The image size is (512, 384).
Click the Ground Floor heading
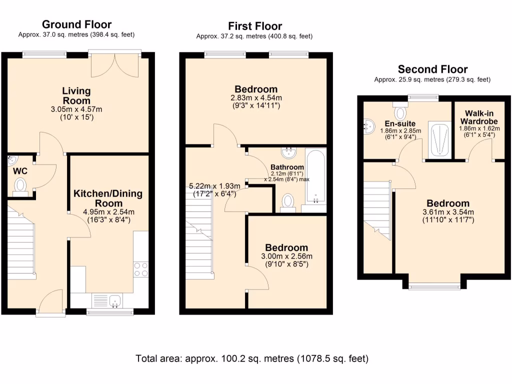tap(76, 24)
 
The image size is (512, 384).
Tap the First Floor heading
tap(255, 26)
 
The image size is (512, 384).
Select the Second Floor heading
tap(432, 69)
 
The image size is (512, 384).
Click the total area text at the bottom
tap(252, 359)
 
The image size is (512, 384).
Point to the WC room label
tap(20, 171)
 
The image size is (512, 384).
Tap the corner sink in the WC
tap(12, 160)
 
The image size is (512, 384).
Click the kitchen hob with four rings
tap(141, 269)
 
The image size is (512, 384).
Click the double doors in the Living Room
tap(114, 65)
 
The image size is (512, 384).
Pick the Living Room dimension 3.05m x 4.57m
tap(76, 109)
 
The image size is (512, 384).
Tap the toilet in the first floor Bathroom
tap(288, 203)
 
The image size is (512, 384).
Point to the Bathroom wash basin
tap(288, 152)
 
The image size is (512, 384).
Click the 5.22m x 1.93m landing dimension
tap(214, 186)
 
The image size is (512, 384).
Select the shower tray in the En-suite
tap(440, 139)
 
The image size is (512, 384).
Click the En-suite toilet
tap(400, 111)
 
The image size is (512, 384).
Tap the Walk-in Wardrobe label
tap(479, 117)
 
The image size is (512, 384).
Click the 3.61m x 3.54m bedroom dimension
tap(448, 212)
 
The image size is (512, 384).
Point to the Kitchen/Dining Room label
tap(108, 198)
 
